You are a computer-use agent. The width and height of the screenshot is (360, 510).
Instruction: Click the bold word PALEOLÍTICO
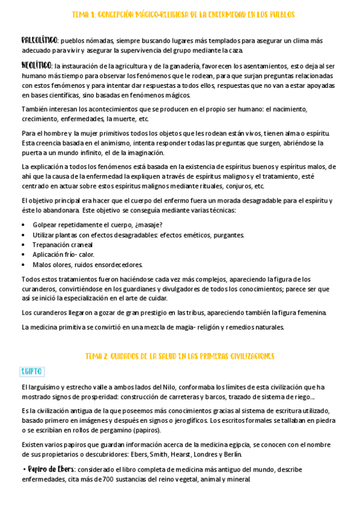pyautogui.click(x=39, y=40)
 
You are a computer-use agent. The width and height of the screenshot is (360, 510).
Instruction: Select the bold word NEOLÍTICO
pyautogui.click(x=37, y=65)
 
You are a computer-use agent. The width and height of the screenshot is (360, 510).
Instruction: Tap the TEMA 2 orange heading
pyautogui.click(x=180, y=356)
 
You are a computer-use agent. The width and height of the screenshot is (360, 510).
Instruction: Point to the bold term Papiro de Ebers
pyautogui.click(x=47, y=469)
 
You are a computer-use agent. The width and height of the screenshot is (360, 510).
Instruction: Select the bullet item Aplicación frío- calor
pyautogui.click(x=63, y=254)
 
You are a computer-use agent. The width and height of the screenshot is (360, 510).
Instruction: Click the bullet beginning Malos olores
pyautogui.click(x=87, y=264)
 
